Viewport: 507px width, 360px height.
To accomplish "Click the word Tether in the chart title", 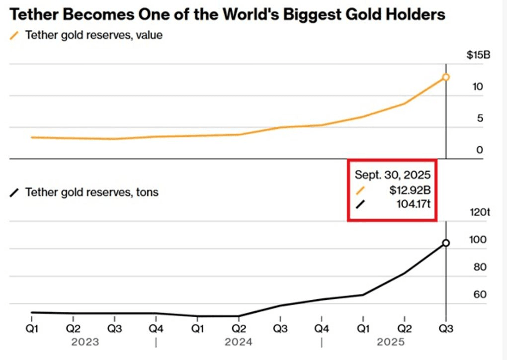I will point(31,14).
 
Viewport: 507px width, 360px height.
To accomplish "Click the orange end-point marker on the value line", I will point(446,77).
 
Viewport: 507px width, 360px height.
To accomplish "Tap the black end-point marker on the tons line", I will point(446,243).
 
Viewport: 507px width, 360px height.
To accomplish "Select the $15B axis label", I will point(478,55).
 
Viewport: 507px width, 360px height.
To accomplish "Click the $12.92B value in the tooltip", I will point(410,189).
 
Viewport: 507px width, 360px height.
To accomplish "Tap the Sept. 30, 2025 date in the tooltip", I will point(392,175).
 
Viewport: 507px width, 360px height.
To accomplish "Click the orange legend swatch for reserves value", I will point(14,36).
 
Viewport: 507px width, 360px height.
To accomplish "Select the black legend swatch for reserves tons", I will point(14,192).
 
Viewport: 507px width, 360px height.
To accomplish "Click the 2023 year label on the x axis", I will point(85,342).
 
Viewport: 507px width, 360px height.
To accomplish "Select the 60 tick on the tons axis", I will point(480,295).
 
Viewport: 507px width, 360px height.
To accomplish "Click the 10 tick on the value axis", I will point(478,87).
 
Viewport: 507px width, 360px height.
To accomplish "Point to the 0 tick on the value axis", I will point(480,150).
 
